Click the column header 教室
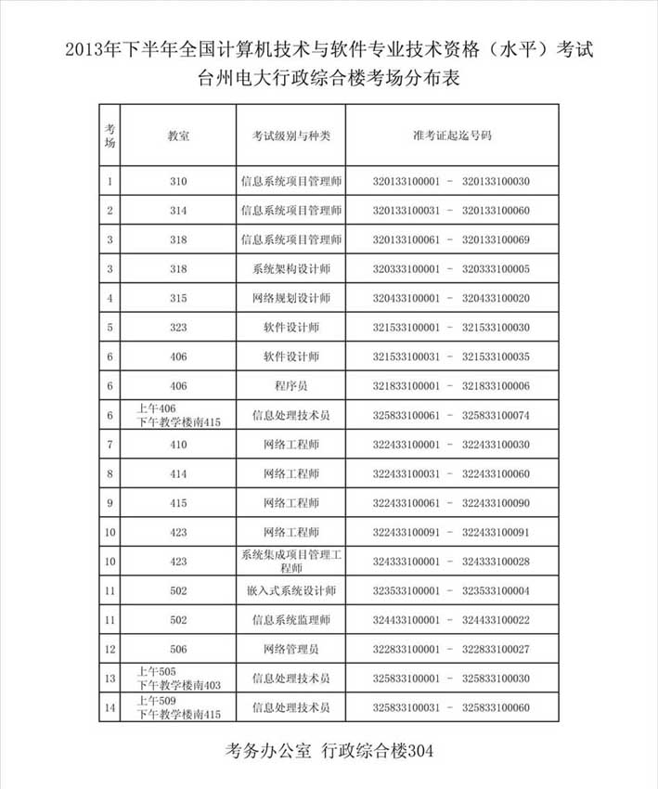point(178,136)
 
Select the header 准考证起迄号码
point(451,136)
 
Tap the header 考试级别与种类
point(291,136)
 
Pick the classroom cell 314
point(178,211)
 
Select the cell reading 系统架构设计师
point(291,269)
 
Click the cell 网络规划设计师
point(291,299)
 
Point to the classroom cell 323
point(178,328)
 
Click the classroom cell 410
point(178,445)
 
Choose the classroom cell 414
point(178,474)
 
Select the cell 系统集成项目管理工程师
point(291,562)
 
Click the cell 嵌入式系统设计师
point(291,590)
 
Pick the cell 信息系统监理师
point(291,620)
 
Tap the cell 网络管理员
point(291,649)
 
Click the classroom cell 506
point(178,649)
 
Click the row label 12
point(110,649)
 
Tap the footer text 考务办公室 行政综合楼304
point(329,749)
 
